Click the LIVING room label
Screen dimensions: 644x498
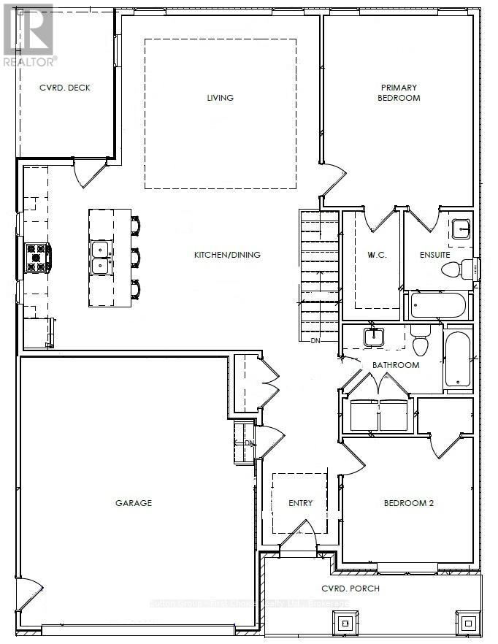[x=220, y=98]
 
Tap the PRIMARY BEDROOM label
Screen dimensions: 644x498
[x=399, y=93]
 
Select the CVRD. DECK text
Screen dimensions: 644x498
[x=64, y=88]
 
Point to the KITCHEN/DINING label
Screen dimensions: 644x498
[x=227, y=255]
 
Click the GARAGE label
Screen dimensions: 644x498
[x=134, y=502]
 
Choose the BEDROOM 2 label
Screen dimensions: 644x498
[x=408, y=502]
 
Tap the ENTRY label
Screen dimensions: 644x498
[x=300, y=502]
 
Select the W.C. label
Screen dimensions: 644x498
[x=371, y=255]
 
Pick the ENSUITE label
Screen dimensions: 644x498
[x=434, y=255]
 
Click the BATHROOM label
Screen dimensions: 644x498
[x=396, y=364]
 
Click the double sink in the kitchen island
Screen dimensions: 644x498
[x=101, y=257]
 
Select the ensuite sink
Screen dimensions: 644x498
[x=461, y=229]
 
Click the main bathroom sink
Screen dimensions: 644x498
[x=375, y=337]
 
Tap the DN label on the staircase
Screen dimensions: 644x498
[x=315, y=340]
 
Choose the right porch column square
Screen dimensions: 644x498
[x=467, y=622]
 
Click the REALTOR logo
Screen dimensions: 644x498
[x=28, y=34]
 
